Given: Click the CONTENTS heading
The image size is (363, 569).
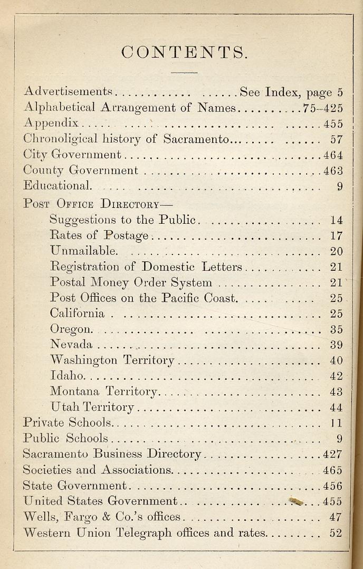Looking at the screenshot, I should (x=184, y=52).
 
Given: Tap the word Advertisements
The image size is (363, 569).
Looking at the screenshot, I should (x=68, y=92).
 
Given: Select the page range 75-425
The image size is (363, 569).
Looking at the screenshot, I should (x=323, y=108).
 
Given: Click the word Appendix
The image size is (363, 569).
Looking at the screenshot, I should (x=51, y=124).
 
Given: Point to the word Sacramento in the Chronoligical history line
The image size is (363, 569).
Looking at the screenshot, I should (x=197, y=139).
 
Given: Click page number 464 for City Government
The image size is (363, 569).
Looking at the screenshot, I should (x=333, y=155).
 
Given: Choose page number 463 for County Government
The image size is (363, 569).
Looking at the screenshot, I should (x=333, y=170).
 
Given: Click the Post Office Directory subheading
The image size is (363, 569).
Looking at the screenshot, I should (x=98, y=204).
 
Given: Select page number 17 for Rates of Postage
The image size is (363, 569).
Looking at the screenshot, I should (x=336, y=235).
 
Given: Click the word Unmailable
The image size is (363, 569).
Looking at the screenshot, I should (x=83, y=251).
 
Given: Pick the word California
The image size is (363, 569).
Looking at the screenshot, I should (x=77, y=314).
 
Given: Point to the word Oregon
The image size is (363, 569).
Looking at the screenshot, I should (x=71, y=329).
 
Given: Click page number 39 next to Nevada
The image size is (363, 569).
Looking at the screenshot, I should (x=336, y=345).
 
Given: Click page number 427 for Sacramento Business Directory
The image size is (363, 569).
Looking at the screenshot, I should (x=333, y=454).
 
